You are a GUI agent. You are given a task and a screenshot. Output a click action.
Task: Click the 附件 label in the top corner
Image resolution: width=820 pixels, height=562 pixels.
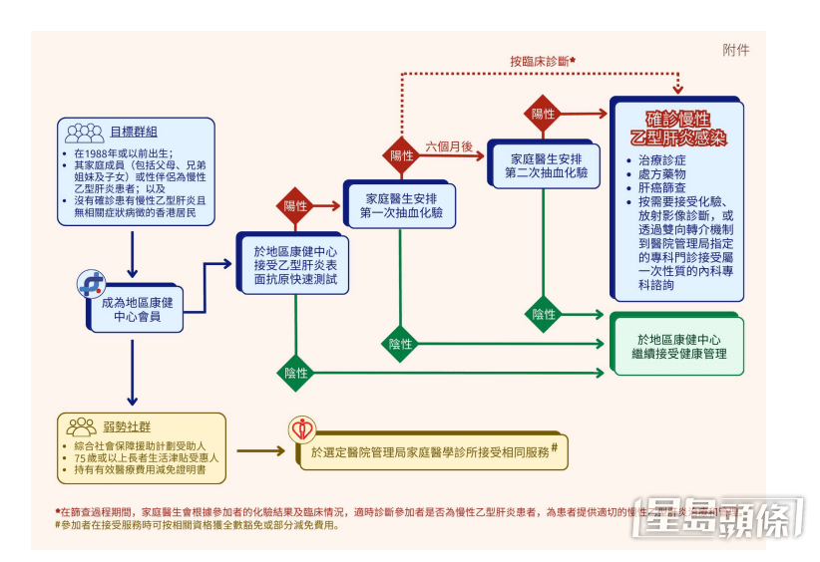tap(735, 50)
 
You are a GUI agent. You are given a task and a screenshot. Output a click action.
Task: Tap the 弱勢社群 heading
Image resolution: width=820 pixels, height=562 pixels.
tap(132, 425)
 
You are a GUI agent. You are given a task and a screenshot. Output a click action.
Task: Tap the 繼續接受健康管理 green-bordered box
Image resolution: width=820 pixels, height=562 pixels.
tap(678, 346)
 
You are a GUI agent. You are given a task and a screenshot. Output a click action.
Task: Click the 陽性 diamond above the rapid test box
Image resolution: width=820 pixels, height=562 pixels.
tap(295, 206)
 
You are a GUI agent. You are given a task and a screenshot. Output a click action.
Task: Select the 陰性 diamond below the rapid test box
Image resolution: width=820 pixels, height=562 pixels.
tap(295, 372)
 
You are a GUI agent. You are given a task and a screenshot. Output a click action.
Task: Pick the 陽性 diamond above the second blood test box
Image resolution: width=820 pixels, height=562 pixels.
tap(543, 114)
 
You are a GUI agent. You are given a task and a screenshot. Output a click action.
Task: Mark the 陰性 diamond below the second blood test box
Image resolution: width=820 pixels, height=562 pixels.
tap(543, 314)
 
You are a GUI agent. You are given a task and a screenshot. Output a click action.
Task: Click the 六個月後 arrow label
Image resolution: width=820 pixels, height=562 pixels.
tap(449, 146)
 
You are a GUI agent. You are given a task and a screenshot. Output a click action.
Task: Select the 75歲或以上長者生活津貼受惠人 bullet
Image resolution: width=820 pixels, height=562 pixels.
tap(146, 455)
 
